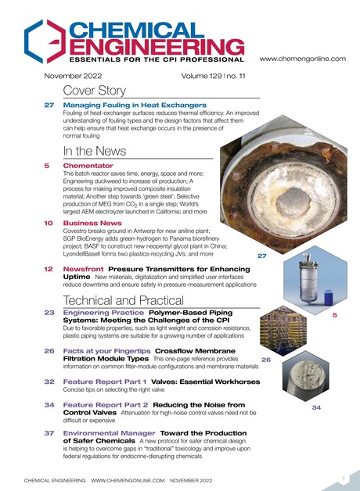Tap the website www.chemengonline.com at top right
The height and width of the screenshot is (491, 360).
tap(301, 59)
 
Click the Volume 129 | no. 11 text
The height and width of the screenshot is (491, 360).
tap(207, 77)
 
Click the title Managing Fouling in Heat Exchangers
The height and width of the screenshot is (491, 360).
tap(135, 105)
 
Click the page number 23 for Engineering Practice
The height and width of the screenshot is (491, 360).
tap(48, 313)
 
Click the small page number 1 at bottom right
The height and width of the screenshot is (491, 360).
tap(344, 476)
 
